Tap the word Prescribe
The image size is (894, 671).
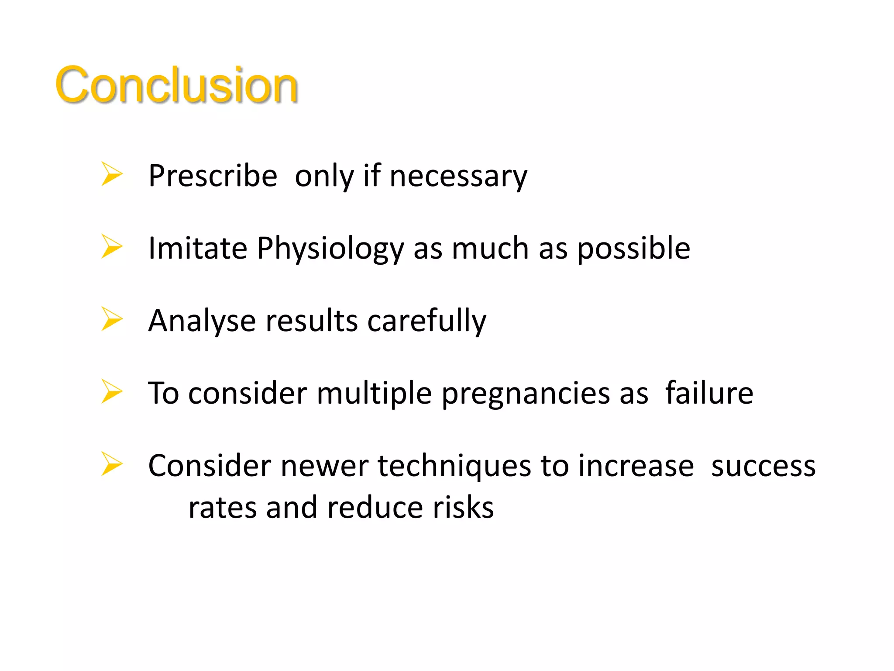[213, 176]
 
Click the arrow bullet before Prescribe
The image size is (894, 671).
[112, 174]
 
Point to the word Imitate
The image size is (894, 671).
[198, 248]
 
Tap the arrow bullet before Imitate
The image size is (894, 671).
[112, 246]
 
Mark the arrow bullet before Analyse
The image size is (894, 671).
[112, 319]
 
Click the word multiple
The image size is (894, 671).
[374, 393]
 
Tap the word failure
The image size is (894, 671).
[709, 393]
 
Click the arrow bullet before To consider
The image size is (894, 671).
[112, 391]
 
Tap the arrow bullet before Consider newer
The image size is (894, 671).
[112, 464]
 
